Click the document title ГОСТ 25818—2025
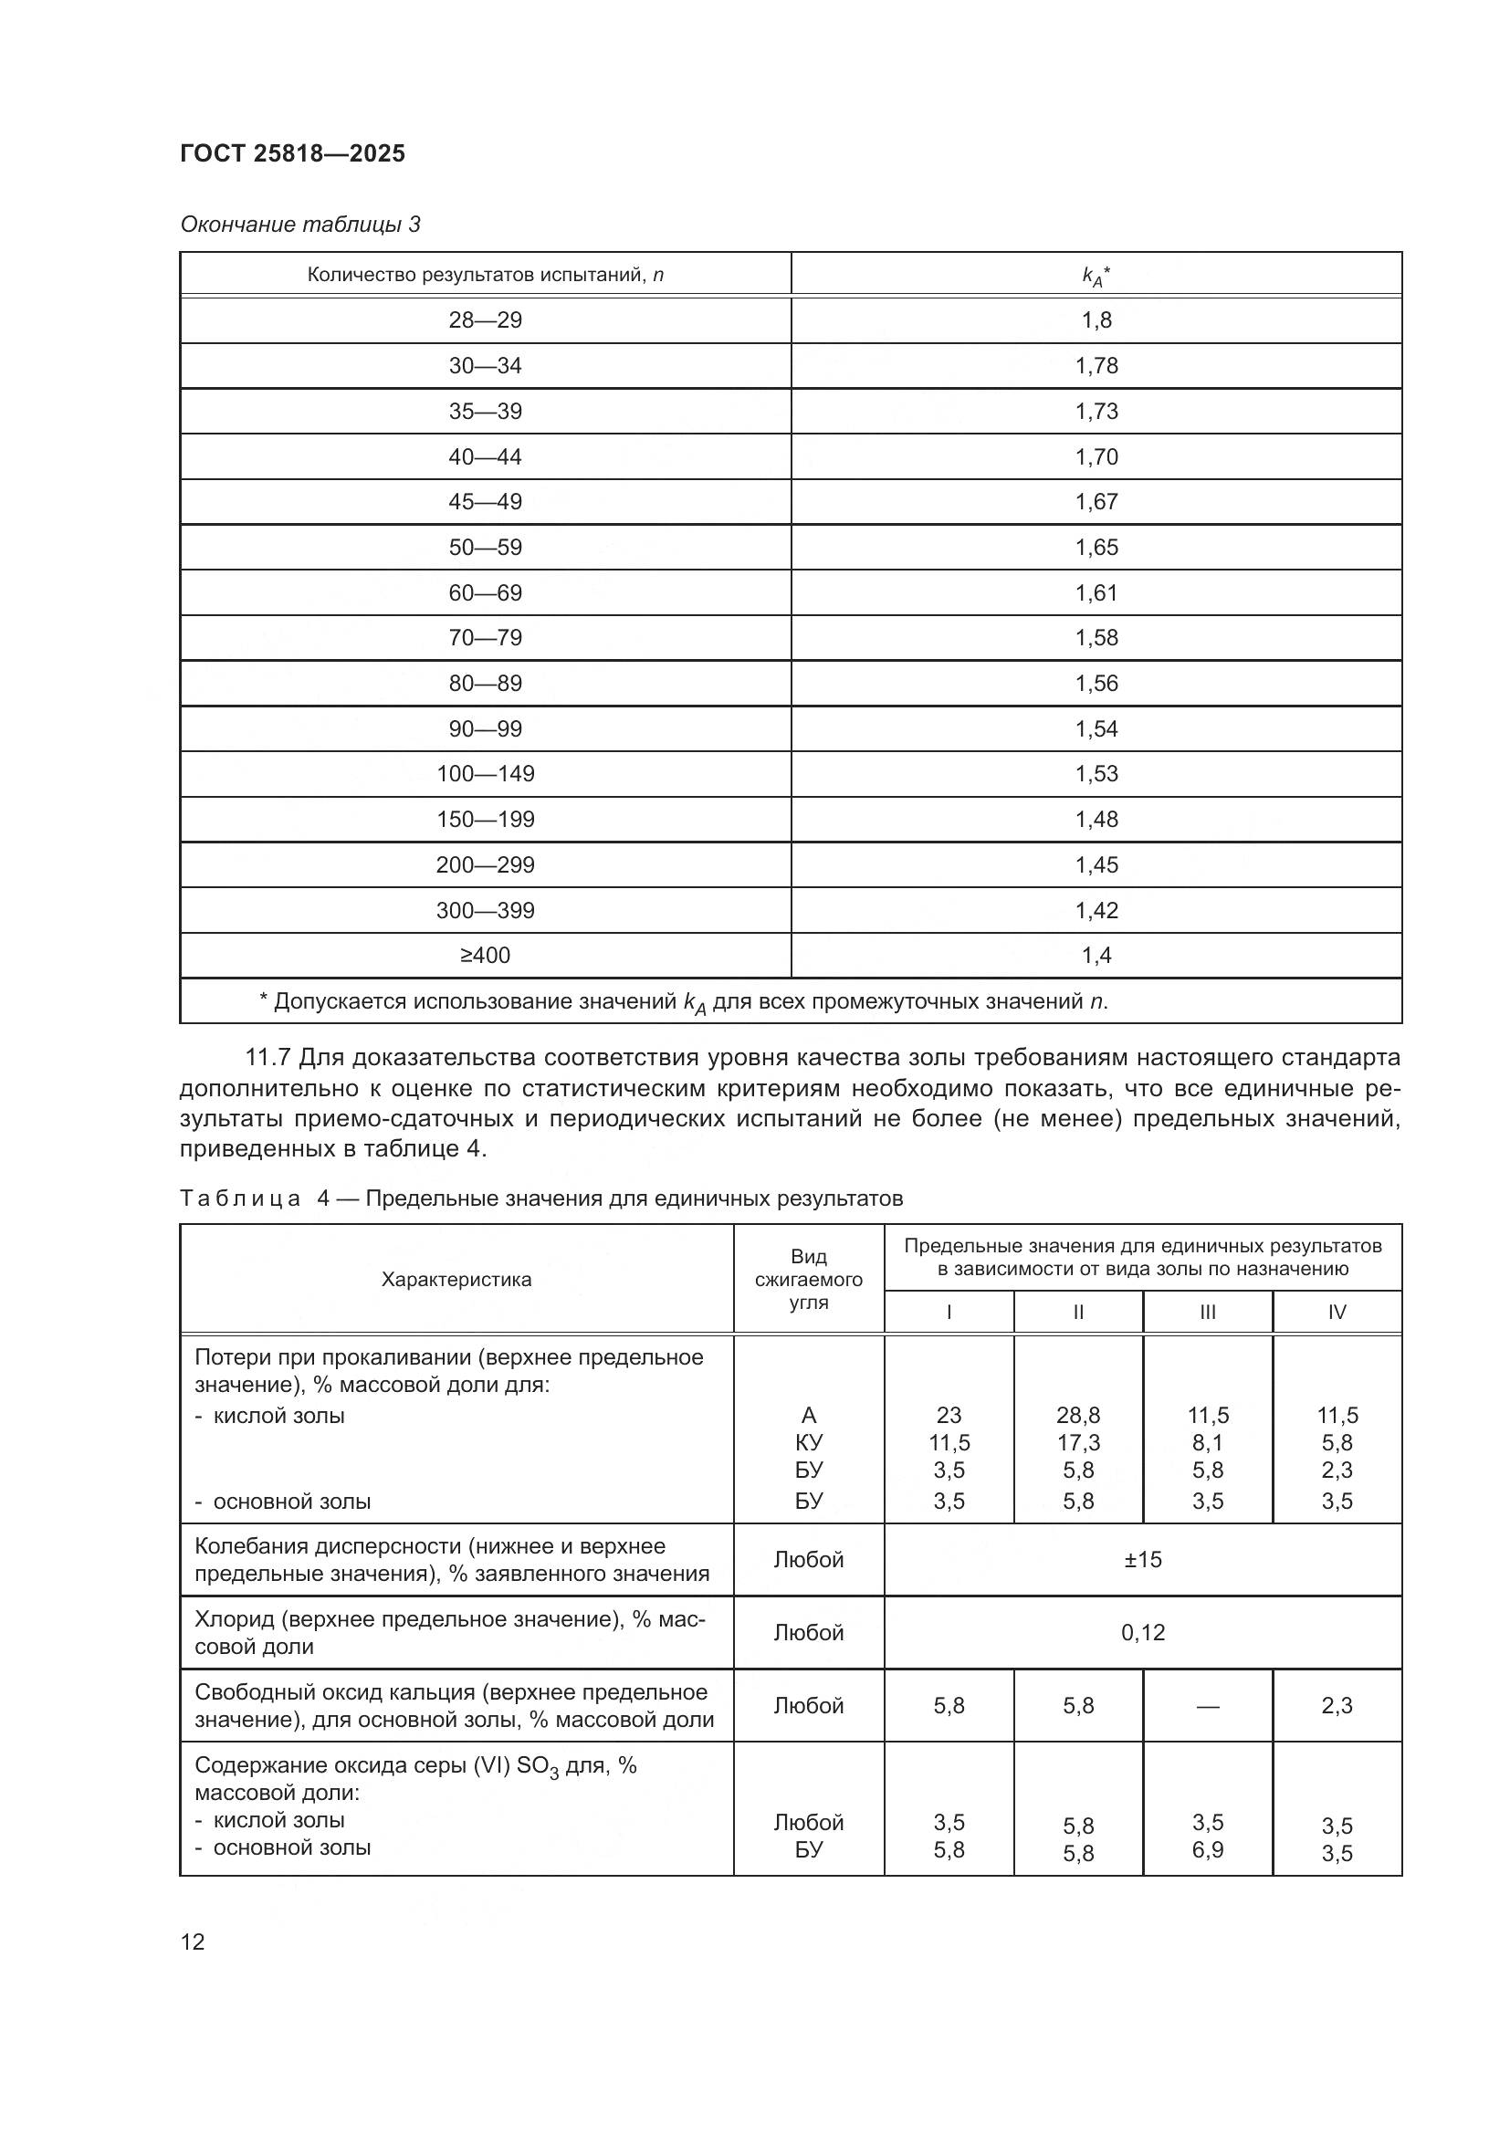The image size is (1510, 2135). (292, 153)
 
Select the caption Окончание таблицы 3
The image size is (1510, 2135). (299, 225)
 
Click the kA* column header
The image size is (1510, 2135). (1096, 276)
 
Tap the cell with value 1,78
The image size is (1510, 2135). (1096, 365)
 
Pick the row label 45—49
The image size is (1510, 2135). (486, 502)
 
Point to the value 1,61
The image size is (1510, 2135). (1096, 592)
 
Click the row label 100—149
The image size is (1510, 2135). (486, 774)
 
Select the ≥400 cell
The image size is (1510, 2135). (486, 955)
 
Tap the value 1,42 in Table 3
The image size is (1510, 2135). (1096, 910)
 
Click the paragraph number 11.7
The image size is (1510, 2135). (267, 1057)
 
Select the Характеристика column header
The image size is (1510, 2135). (456, 1280)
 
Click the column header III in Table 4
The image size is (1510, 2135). (1207, 1312)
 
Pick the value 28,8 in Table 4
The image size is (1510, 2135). (1077, 1416)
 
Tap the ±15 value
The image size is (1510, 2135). (1143, 1559)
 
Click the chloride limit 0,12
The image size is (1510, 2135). (1143, 1632)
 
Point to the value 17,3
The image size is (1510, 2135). (1077, 1443)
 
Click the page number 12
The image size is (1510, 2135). (193, 1941)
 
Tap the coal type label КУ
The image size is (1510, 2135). (808, 1443)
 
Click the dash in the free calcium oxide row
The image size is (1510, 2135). (1207, 1705)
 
